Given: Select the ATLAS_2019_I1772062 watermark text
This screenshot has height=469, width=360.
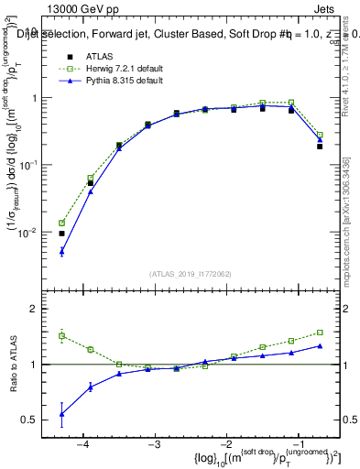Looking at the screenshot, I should point(189,273).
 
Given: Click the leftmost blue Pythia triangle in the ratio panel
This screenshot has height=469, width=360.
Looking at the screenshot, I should point(61,414).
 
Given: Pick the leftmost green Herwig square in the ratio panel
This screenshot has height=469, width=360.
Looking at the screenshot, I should point(61,335).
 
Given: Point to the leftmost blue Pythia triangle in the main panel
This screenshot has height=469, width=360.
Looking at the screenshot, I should point(61,251).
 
